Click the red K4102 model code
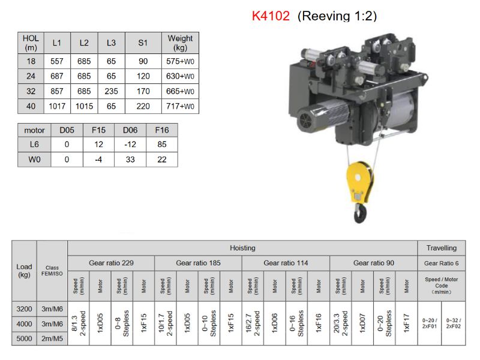pos(271,16)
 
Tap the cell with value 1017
pos(57,106)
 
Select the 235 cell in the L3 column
pos(112,91)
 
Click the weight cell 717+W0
pos(181,106)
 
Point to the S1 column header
pos(143,43)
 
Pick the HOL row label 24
pos(31,76)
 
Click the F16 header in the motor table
pos(162,130)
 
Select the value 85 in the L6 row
pos(162,145)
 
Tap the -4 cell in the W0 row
pos(98,160)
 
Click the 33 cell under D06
pos(130,160)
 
